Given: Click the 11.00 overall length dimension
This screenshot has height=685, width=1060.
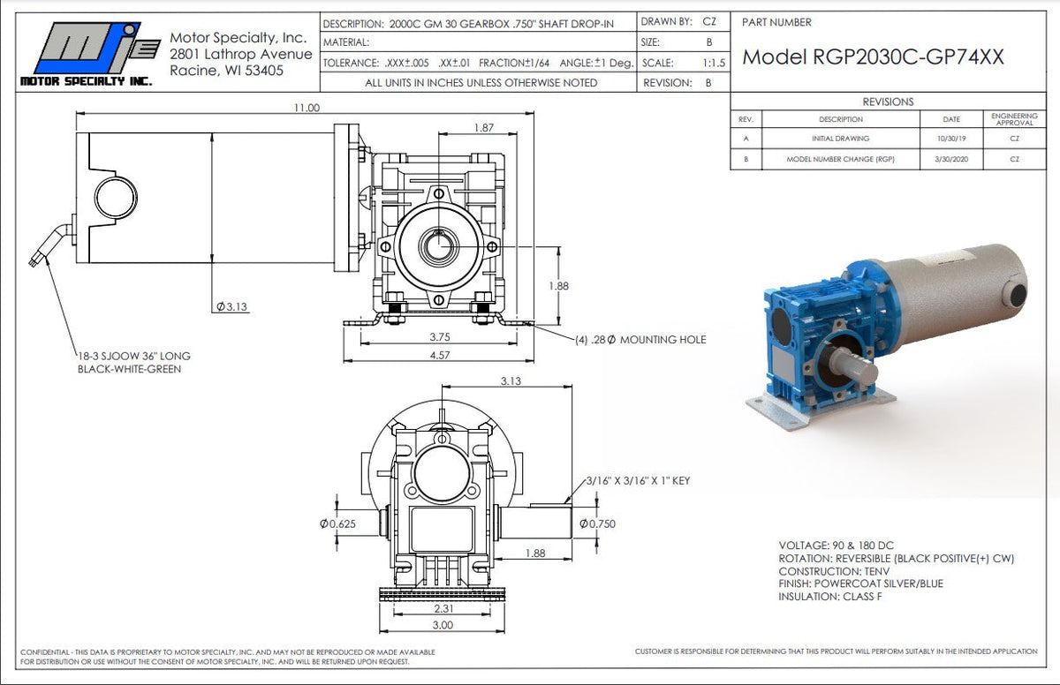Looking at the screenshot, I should tap(306, 107).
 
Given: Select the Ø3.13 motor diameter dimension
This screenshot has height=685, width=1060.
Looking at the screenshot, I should tap(231, 306).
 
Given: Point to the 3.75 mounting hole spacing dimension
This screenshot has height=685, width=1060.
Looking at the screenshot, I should tap(441, 336).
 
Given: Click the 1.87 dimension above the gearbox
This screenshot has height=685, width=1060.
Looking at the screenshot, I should tap(483, 128).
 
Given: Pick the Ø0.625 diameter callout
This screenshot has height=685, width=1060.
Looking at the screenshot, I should tap(337, 523).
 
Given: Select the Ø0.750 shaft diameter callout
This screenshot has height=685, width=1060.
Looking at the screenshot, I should tap(597, 523).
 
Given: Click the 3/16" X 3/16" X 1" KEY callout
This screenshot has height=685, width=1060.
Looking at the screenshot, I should tap(637, 481).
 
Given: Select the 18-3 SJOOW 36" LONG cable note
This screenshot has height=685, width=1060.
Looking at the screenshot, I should tap(133, 357).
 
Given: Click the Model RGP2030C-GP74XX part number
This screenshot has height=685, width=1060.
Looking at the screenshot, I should tap(873, 56).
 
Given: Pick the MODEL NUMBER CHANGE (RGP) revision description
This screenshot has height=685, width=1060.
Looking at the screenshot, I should tap(840, 159).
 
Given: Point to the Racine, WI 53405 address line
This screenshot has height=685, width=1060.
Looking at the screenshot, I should tap(232, 70).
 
